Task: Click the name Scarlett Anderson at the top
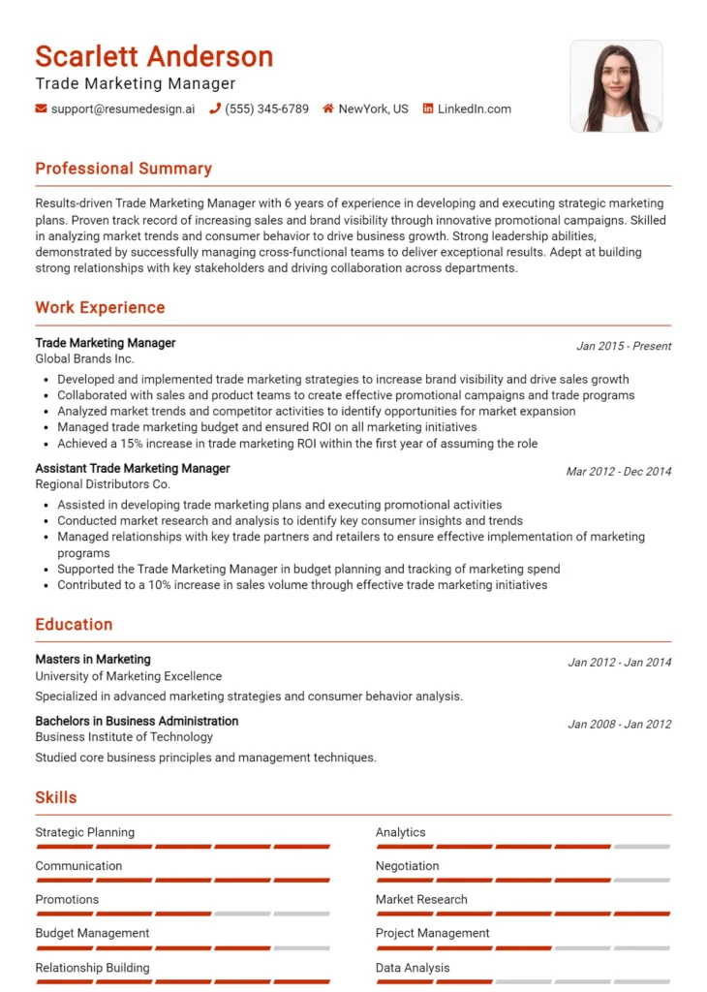pos(154,56)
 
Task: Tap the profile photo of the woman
pos(616,86)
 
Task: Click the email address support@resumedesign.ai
pos(122,109)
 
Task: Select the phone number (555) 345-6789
pos(266,109)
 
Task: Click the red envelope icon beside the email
pos(41,109)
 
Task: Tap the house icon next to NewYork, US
pos(328,109)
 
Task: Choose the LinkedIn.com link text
pos(474,109)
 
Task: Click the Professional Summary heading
pos(123,169)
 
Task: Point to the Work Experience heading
pos(100,308)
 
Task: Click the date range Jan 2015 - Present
pos(623,346)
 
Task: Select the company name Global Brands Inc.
pos(84,358)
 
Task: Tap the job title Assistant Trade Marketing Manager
pos(132,469)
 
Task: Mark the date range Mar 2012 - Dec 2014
pos(618,472)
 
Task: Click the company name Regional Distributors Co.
pos(103,484)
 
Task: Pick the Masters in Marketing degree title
pos(93,660)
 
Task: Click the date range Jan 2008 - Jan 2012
pos(619,724)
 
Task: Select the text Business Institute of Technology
pos(124,737)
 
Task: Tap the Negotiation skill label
pos(407,866)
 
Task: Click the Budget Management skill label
pos(92,934)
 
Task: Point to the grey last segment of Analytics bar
pos(642,847)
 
